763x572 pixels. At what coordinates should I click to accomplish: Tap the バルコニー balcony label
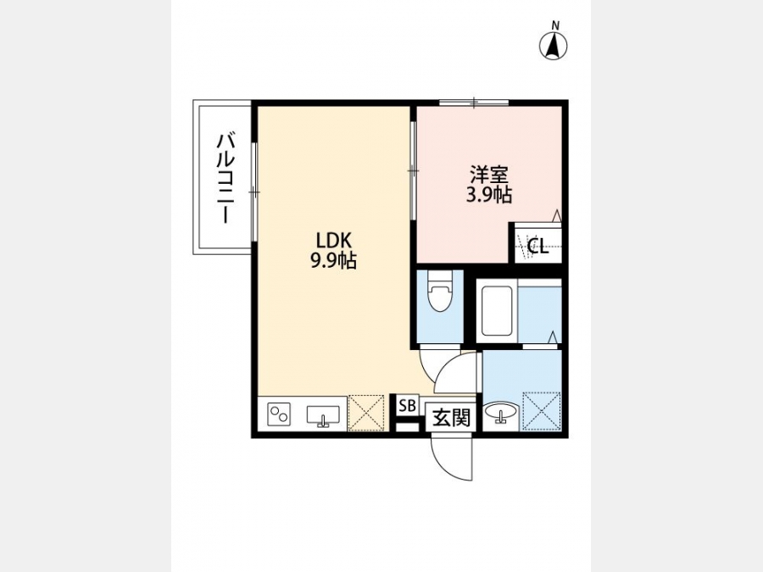click(x=226, y=179)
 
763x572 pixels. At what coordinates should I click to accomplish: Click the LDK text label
click(x=333, y=241)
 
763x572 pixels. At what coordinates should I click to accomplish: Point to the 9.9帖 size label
click(x=333, y=261)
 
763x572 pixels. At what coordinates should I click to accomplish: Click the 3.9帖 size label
click(x=488, y=195)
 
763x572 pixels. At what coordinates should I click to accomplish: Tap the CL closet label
click(x=537, y=247)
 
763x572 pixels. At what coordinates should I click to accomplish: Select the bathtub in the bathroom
click(x=496, y=310)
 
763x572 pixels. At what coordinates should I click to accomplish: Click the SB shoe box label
click(x=407, y=405)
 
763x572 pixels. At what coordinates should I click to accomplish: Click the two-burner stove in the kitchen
click(x=279, y=414)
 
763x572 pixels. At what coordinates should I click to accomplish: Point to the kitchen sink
click(x=323, y=416)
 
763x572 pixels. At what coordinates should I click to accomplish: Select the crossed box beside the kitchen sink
click(x=366, y=413)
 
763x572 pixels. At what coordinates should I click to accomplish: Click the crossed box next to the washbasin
click(x=541, y=412)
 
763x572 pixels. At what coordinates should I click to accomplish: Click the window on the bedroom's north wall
click(x=474, y=103)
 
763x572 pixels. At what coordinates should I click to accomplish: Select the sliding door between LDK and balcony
click(x=253, y=192)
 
